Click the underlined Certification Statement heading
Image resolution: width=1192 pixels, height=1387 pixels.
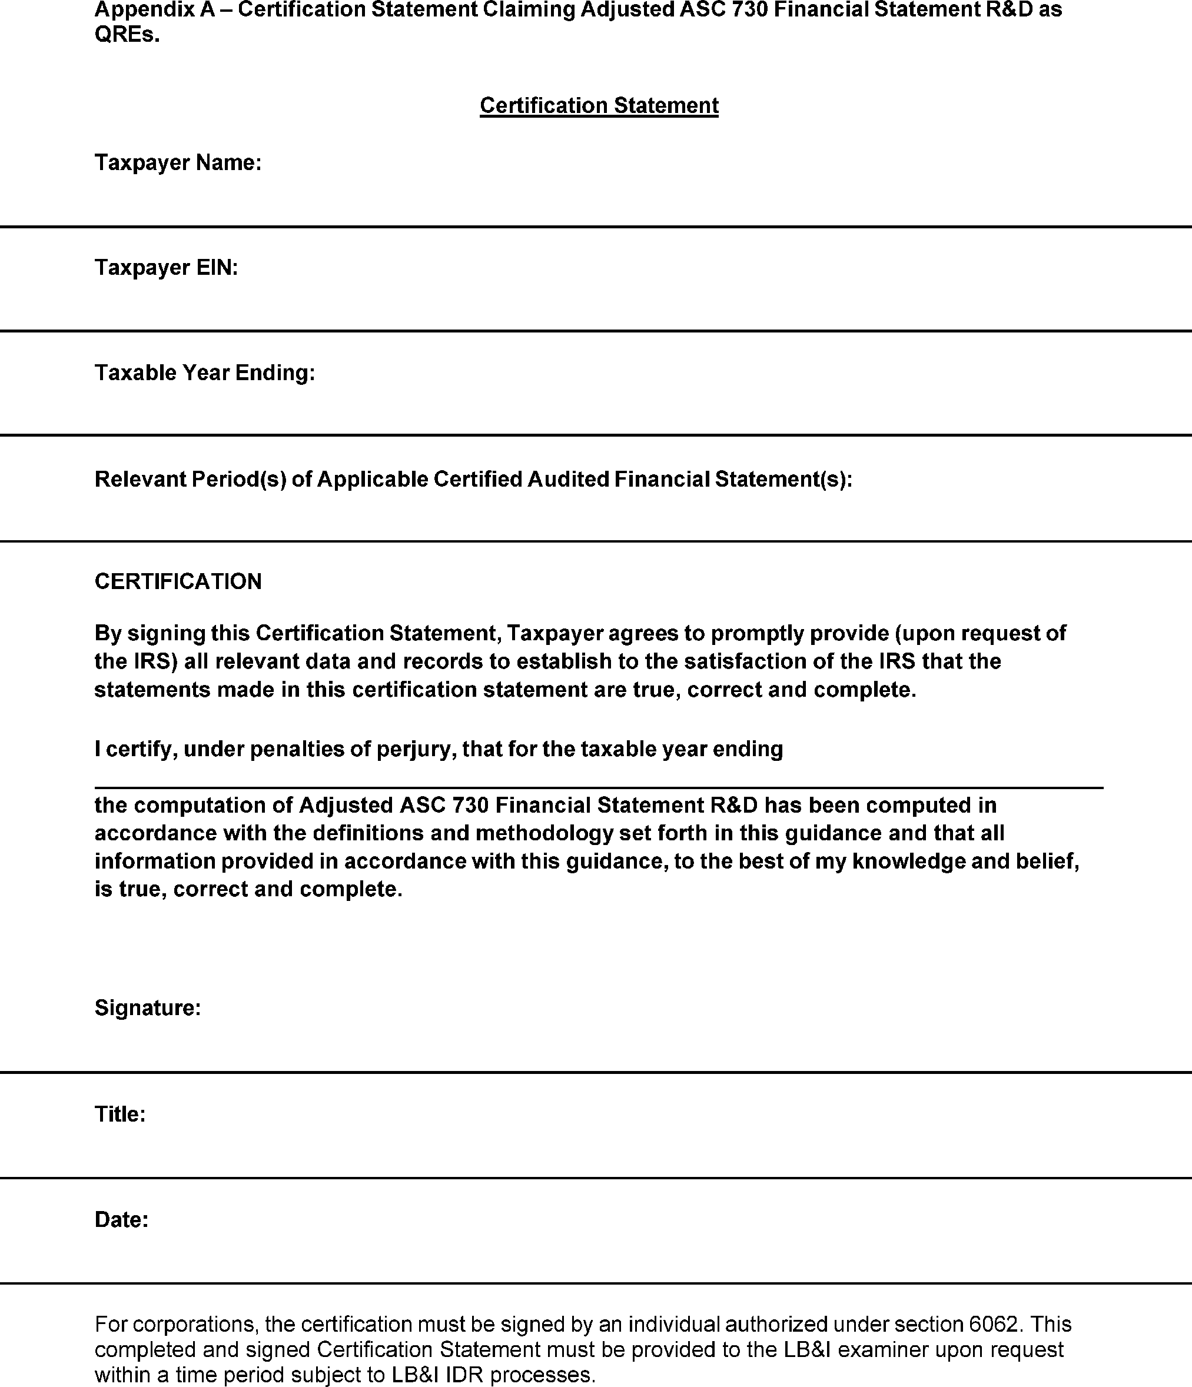tap(599, 106)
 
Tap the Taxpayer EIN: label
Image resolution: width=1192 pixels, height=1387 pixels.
tap(166, 268)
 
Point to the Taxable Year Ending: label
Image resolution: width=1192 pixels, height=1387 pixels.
tap(204, 373)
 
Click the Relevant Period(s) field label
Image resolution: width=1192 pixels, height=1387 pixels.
tap(473, 479)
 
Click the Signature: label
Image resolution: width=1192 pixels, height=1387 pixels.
tap(147, 1007)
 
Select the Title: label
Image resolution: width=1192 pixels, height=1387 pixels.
tap(120, 1114)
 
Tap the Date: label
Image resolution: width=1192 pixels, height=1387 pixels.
tap(121, 1220)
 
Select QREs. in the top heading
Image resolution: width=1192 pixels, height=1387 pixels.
tap(127, 35)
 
